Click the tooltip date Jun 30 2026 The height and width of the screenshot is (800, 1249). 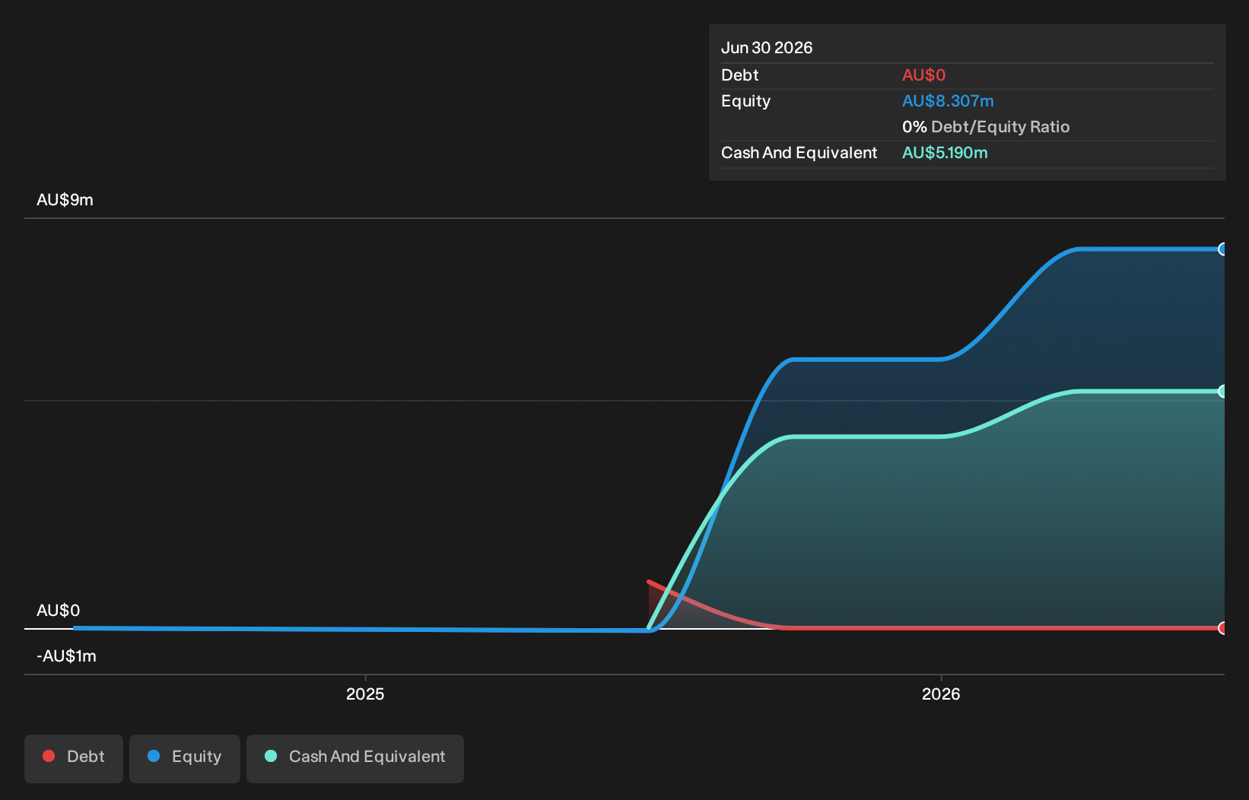pyautogui.click(x=767, y=48)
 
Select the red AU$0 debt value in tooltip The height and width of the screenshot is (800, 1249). pyautogui.click(x=923, y=75)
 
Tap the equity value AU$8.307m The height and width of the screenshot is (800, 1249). pyautogui.click(x=948, y=101)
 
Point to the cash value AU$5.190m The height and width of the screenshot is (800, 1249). pyautogui.click(x=945, y=153)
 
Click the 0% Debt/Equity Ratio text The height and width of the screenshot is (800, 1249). pyautogui.click(x=986, y=127)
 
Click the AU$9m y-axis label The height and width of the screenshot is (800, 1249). pyautogui.click(x=65, y=199)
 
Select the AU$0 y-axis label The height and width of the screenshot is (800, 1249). pyautogui.click(x=58, y=611)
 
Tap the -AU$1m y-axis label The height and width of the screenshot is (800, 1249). pyautogui.click(x=66, y=656)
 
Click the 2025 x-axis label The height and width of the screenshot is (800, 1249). pyautogui.click(x=365, y=694)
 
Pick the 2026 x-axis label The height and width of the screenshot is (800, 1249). pyautogui.click(x=941, y=694)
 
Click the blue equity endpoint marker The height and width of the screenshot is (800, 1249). pyautogui.click(x=1222, y=249)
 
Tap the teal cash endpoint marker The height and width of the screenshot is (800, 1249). pyautogui.click(x=1222, y=392)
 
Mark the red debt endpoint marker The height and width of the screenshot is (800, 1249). pyautogui.click(x=1222, y=628)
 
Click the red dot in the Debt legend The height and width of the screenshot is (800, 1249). pyautogui.click(x=49, y=756)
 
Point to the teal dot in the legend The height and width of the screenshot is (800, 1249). pyautogui.click(x=271, y=756)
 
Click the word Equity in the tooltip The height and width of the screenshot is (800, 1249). pyautogui.click(x=746, y=101)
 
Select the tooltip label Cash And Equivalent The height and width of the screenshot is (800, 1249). pyautogui.click(x=799, y=153)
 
